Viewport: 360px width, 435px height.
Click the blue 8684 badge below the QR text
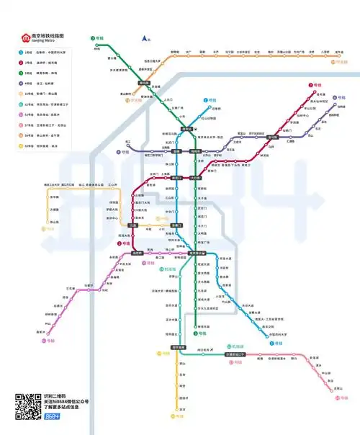pyautogui.click(x=52, y=417)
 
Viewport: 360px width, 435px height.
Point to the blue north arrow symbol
pyautogui.click(x=145, y=37)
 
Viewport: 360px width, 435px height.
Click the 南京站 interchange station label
pyautogui.click(x=186, y=130)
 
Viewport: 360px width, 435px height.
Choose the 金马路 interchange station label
pyautogui.click(x=272, y=137)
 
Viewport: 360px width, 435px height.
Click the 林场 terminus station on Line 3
pyautogui.click(x=97, y=48)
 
